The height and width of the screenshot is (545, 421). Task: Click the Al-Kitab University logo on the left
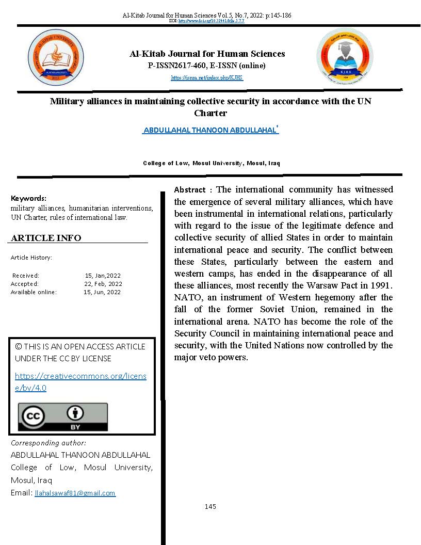tap(56, 57)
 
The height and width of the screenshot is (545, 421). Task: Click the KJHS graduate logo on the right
tap(344, 57)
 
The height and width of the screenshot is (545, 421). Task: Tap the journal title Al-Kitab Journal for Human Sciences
tap(207, 54)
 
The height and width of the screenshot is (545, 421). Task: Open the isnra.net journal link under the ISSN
tap(207, 78)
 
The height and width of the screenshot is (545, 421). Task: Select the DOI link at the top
tap(211, 21)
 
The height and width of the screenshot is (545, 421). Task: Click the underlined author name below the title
tap(210, 131)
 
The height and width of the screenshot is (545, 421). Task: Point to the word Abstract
tap(190, 190)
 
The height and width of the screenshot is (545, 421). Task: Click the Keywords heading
tap(28, 198)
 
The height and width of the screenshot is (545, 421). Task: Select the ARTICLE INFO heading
tap(46, 238)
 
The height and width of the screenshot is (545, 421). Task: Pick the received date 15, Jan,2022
tap(103, 276)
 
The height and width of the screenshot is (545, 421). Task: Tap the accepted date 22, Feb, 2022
tap(103, 284)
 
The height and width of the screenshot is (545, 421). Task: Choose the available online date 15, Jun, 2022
tap(102, 292)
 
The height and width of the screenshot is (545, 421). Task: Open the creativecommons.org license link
tap(80, 381)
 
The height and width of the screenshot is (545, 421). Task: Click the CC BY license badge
tap(63, 416)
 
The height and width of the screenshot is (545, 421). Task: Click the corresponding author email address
tap(75, 493)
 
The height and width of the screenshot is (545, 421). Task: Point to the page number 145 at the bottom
tap(210, 507)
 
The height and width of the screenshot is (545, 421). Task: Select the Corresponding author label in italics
tap(48, 443)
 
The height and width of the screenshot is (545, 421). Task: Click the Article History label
tap(31, 258)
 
